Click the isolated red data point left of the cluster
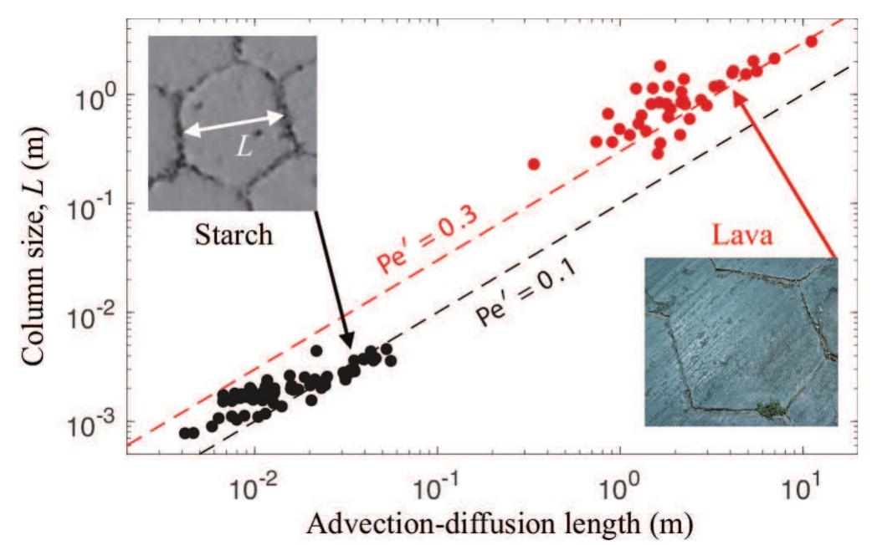point(534,164)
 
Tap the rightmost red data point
point(810,41)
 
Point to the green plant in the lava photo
point(768,408)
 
